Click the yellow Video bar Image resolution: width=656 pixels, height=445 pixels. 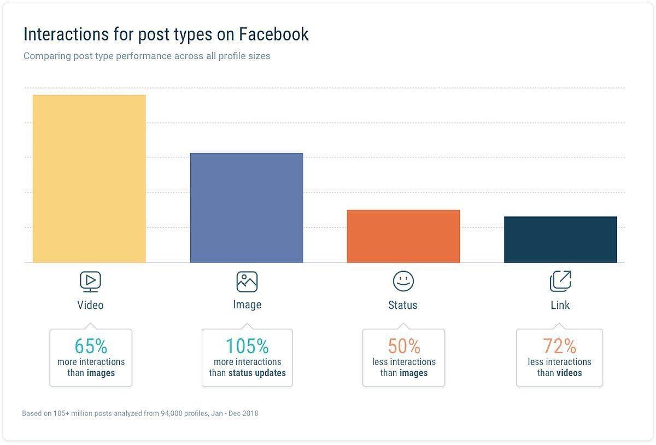pyautogui.click(x=89, y=179)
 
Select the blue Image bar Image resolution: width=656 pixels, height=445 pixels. pyautogui.click(x=247, y=208)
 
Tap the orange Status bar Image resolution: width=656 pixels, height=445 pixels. pyautogui.click(x=403, y=236)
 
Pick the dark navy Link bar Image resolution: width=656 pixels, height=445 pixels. pyautogui.click(x=560, y=239)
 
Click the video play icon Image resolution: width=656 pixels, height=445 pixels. pyautogui.click(x=90, y=281)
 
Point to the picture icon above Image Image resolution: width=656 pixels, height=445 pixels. pyautogui.click(x=247, y=282)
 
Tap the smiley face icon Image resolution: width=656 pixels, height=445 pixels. pyautogui.click(x=403, y=281)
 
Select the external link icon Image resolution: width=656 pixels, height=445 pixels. pyautogui.click(x=560, y=281)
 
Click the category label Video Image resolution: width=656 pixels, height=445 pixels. pyautogui.click(x=90, y=305)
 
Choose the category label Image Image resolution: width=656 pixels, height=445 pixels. pyautogui.click(x=247, y=305)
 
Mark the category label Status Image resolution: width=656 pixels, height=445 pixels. pyautogui.click(x=403, y=305)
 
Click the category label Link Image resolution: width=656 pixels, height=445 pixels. pyautogui.click(x=560, y=305)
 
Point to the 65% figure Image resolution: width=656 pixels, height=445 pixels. pyautogui.click(x=91, y=346)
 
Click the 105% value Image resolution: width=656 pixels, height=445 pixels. pyautogui.click(x=247, y=346)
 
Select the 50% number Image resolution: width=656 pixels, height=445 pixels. pyautogui.click(x=404, y=346)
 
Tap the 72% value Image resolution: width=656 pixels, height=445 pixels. pyautogui.click(x=559, y=346)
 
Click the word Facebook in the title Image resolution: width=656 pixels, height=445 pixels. pyautogui.click(x=273, y=34)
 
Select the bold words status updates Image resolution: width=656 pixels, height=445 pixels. pyautogui.click(x=257, y=373)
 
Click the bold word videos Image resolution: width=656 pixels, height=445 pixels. pyautogui.click(x=569, y=373)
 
